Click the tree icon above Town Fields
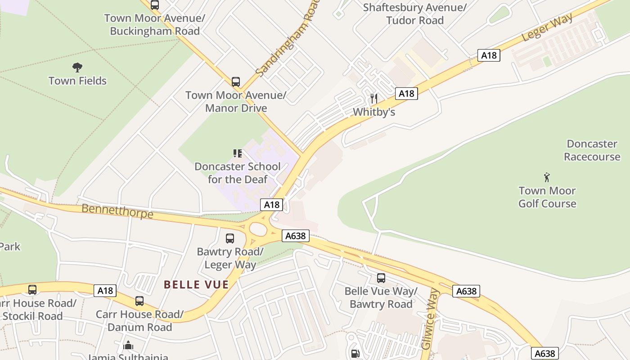pos(77,67)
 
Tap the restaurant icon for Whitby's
pos(374,98)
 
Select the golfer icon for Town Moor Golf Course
pos(547,177)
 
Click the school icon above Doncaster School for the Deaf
pos(237,154)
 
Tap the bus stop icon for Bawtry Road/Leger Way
pos(230,238)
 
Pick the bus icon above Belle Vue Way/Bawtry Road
pos(381,278)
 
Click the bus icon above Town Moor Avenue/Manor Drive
pos(236,82)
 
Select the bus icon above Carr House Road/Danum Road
pos(139,301)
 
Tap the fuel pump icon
pos(355,354)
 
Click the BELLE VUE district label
pos(196,284)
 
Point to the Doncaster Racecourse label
pos(592,150)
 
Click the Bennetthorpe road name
pos(117,211)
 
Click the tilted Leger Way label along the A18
pos(547,27)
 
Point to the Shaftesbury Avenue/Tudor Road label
pos(414,14)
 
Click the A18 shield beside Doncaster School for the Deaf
pos(272,205)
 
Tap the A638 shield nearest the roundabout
pos(296,235)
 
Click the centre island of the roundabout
pos(258,229)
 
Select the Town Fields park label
pos(77,81)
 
